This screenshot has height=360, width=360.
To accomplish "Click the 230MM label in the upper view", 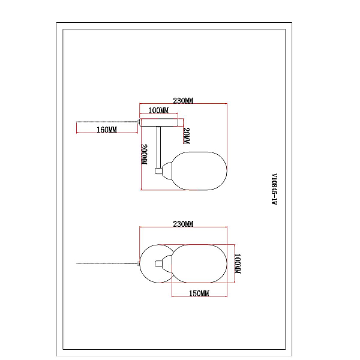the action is tap(183, 101).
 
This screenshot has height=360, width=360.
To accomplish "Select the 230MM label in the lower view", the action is tap(183, 224).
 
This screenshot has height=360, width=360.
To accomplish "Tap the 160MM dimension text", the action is tap(107, 130).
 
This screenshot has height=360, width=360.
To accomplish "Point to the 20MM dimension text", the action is tap(187, 136).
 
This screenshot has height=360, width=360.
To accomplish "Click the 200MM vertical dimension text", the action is tap(144, 154).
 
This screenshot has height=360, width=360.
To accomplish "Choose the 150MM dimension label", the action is tap(199, 293).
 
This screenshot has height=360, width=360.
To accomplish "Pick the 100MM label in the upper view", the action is tap(158, 110).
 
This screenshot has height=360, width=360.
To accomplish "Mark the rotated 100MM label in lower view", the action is tap(238, 263).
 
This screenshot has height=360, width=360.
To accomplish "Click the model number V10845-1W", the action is tap(274, 189).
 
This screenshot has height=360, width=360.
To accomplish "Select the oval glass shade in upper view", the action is tap(199, 171).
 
